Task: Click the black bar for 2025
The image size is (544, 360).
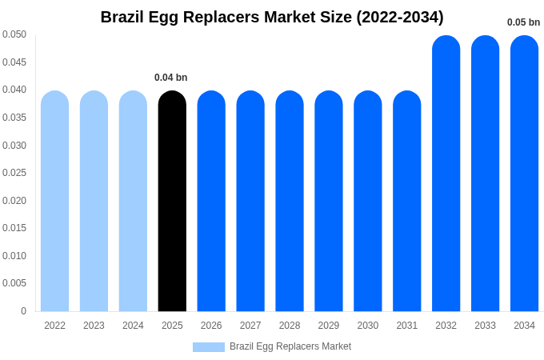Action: pyautogui.click(x=172, y=201)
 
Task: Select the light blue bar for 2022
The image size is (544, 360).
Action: pyautogui.click(x=54, y=201)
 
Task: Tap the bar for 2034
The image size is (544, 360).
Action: pyautogui.click(x=524, y=174)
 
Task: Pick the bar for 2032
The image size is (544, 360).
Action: pyautogui.click(x=446, y=174)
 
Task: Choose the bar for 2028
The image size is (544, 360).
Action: pyautogui.click(x=290, y=201)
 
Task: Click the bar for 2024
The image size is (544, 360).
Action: pyautogui.click(x=133, y=201)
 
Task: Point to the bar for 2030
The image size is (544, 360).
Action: pyautogui.click(x=368, y=201)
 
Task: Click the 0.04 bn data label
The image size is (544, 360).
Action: pyautogui.click(x=170, y=78)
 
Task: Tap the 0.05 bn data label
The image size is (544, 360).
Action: pyautogui.click(x=523, y=22)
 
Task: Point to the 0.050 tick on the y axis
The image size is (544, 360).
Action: pyautogui.click(x=14, y=34)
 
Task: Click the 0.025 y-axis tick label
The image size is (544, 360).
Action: pyautogui.click(x=14, y=173)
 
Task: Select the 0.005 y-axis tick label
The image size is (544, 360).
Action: pyautogui.click(x=14, y=283)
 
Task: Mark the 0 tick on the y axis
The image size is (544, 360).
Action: pyautogui.click(x=23, y=311)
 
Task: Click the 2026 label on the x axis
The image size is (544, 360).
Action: pyautogui.click(x=211, y=326)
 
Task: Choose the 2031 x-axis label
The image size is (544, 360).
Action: pyautogui.click(x=406, y=326)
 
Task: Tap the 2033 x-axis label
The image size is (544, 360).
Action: pyautogui.click(x=485, y=326)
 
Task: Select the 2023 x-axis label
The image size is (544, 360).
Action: pyautogui.click(x=94, y=326)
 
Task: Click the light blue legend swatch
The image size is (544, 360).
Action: pyautogui.click(x=208, y=347)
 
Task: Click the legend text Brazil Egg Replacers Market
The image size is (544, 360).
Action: pyautogui.click(x=290, y=346)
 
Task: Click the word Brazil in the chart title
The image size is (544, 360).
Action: pyautogui.click(x=123, y=17)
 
